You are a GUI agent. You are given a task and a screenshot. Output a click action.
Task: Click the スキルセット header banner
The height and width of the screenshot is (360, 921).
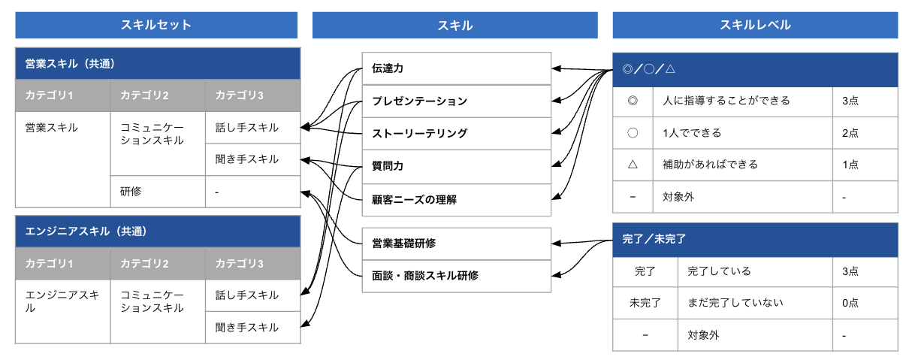pyautogui.click(x=157, y=25)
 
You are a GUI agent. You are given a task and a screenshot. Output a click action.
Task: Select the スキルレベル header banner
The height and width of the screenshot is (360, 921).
pyautogui.click(x=755, y=25)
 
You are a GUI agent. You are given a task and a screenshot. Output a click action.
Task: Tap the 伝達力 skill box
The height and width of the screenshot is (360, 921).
pyautogui.click(x=456, y=68)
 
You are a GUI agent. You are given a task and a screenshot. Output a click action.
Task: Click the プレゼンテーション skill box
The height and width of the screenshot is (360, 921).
pyautogui.click(x=456, y=101)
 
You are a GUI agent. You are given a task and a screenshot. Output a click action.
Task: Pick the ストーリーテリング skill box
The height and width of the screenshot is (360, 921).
pyautogui.click(x=456, y=134)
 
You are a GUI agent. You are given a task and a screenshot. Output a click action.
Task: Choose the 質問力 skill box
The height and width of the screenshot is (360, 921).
pyautogui.click(x=456, y=167)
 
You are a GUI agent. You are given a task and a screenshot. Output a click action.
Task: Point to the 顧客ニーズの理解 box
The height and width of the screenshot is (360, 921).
pyautogui.click(x=456, y=200)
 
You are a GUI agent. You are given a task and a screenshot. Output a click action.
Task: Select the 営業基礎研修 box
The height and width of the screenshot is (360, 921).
pyautogui.click(x=456, y=244)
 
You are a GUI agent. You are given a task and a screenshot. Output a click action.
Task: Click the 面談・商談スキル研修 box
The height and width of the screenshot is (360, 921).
pyautogui.click(x=456, y=276)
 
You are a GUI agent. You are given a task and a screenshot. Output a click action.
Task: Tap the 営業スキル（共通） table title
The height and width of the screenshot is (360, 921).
pyautogui.click(x=158, y=64)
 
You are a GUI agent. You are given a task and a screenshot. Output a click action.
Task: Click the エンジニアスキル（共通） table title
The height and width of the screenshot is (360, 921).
pyautogui.click(x=158, y=231)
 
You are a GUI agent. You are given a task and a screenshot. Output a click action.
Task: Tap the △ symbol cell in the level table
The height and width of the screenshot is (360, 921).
pyautogui.click(x=633, y=165)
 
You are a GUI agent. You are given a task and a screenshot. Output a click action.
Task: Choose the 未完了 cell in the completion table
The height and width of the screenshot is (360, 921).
pyautogui.click(x=645, y=303)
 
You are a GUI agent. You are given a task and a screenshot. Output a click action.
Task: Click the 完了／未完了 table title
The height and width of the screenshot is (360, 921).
pyautogui.click(x=755, y=240)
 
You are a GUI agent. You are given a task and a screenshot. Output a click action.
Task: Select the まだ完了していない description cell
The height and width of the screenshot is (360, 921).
pyautogui.click(x=754, y=303)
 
